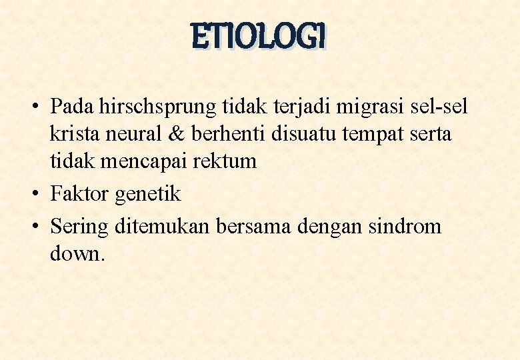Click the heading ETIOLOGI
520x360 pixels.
point(259,37)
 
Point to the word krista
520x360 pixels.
point(75,133)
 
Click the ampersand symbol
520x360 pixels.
point(177,133)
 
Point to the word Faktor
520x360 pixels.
point(80,194)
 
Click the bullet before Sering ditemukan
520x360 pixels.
point(36,227)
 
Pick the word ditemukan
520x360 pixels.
point(163,227)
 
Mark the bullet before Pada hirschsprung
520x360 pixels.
point(36,106)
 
